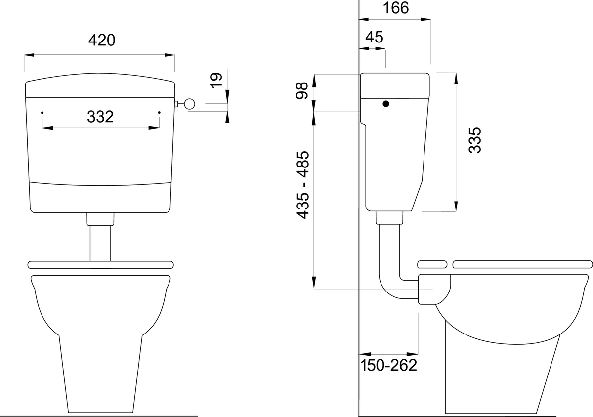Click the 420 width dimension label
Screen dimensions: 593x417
(102, 40)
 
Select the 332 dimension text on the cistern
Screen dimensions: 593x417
(100, 117)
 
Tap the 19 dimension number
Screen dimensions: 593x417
(216, 80)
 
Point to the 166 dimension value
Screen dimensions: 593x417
(396, 8)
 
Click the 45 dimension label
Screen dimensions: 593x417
(375, 37)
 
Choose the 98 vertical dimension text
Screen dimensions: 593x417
(302, 91)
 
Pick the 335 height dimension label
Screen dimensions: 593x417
(475, 140)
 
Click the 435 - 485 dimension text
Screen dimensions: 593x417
(302, 185)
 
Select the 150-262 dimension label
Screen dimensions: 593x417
(388, 365)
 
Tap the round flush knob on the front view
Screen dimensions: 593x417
(190, 104)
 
